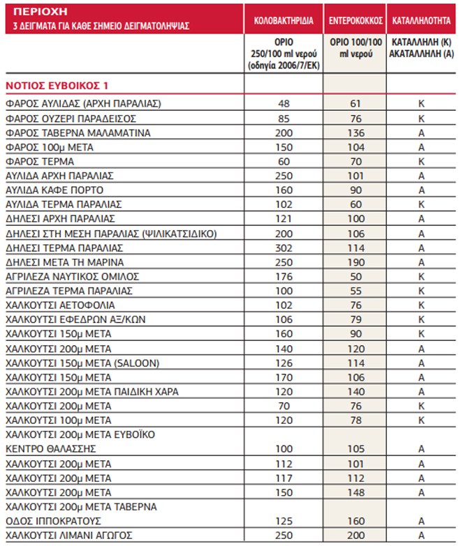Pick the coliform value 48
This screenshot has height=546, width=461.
284,104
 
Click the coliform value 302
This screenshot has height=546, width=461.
284,248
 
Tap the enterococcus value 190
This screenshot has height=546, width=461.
356,262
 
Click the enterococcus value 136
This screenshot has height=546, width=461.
356,133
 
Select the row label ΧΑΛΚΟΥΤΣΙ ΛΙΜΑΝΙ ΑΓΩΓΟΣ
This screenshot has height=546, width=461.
71,535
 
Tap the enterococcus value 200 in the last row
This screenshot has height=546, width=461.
356,535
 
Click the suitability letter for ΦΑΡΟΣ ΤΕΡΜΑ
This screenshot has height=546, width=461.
422,162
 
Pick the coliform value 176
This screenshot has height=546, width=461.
284,277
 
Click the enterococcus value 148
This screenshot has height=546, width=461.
356,492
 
